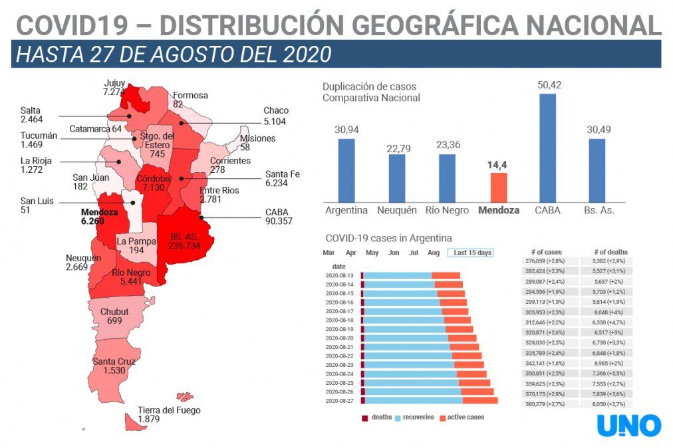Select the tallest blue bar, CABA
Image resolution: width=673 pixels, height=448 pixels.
[x=547, y=147]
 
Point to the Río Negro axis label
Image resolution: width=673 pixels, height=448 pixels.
[x=448, y=211]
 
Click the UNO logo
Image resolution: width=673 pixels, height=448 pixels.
[x=628, y=425]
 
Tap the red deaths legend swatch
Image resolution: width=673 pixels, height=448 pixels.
[x=365, y=417]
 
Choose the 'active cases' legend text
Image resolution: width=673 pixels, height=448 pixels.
[x=466, y=417]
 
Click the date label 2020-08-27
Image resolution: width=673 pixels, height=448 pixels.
[x=340, y=401]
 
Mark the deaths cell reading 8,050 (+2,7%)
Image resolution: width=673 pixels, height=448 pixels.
[x=609, y=404]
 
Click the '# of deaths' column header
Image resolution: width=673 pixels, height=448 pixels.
[x=609, y=252]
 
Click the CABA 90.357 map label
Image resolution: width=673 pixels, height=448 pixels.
[x=279, y=217]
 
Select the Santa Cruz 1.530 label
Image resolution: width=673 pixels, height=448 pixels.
[x=114, y=366]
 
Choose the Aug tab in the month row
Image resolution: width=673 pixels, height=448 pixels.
[x=433, y=253]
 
